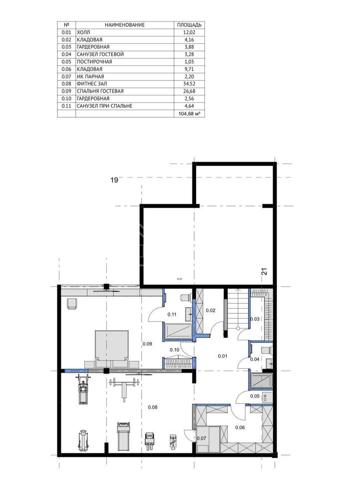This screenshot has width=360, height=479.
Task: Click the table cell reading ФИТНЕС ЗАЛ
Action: click(92, 84)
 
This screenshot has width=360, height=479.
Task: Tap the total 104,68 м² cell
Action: click(189, 114)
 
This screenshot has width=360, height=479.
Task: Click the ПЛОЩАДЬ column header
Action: click(189, 25)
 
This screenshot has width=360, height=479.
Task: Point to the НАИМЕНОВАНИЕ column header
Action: click(125, 25)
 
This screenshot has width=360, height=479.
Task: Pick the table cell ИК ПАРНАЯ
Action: click(90, 76)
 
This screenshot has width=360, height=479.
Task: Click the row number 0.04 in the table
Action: click(66, 54)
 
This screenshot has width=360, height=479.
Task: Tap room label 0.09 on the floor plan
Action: click(147, 344)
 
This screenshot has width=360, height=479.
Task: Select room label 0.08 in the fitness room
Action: click(153, 407)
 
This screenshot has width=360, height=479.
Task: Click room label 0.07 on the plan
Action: click(201, 438)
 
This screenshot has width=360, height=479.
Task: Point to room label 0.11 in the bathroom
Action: click(172, 314)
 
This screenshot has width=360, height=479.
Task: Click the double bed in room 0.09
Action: click(112, 349)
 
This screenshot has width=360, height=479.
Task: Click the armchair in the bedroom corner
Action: click(72, 304)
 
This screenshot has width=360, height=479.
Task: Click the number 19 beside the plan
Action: click(114, 180)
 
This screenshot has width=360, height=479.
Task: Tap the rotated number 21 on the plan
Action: click(264, 271)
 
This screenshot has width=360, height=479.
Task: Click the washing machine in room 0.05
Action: click(265, 397)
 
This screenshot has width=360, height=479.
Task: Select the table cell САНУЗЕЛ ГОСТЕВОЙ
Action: click(100, 54)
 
